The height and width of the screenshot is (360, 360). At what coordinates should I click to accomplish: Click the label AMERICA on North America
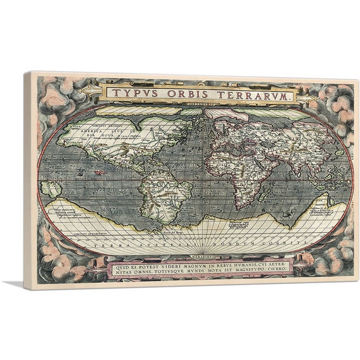pos(80,131)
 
